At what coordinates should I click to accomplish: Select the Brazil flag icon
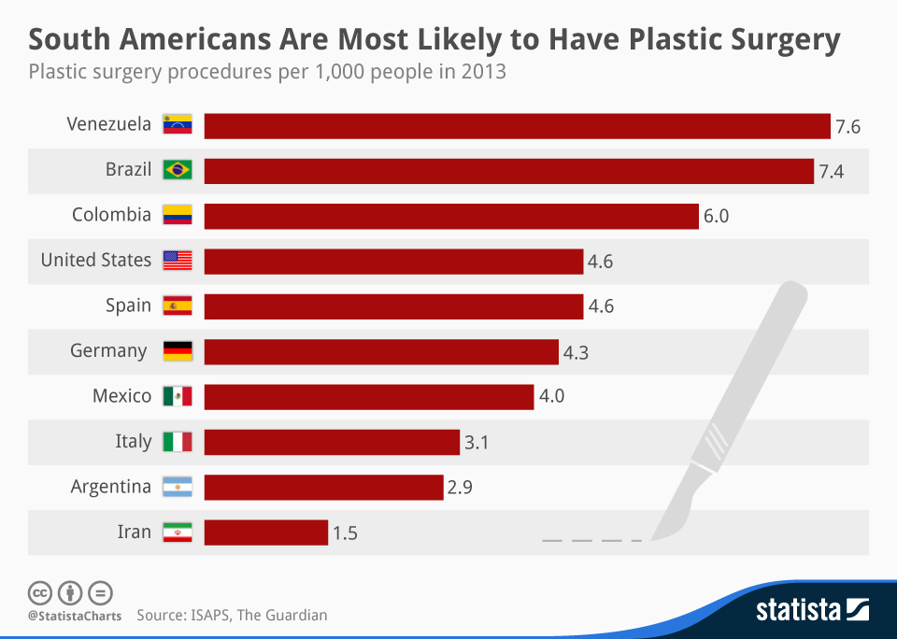pyautogui.click(x=178, y=170)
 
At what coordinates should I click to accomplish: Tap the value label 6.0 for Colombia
pyautogui.click(x=716, y=216)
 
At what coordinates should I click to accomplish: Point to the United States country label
pyautogui.click(x=95, y=260)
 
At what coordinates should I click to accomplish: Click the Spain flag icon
pyautogui.click(x=178, y=305)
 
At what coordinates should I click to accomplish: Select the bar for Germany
pyautogui.click(x=381, y=351)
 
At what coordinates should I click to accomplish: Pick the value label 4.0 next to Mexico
pyautogui.click(x=551, y=396)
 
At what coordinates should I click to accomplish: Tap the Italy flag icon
pyautogui.click(x=178, y=441)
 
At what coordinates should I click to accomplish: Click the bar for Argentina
pyautogui.click(x=323, y=487)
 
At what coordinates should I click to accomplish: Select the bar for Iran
pyautogui.click(x=265, y=532)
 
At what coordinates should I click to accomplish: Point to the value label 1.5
pyautogui.click(x=345, y=533)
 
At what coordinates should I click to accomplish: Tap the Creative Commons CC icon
pyautogui.click(x=39, y=592)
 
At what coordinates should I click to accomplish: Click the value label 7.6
pyautogui.click(x=847, y=126)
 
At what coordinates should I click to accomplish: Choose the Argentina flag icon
pyautogui.click(x=178, y=487)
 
